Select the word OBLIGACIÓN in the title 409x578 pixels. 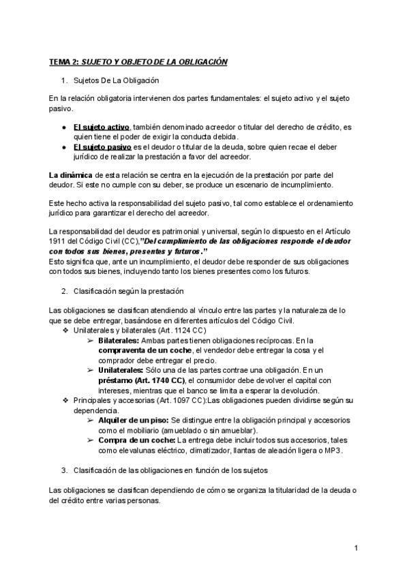tap(202, 62)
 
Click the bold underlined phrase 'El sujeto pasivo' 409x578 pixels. tap(102, 147)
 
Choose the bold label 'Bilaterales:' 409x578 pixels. tap(119, 340)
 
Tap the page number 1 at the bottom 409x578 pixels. tap(357, 547)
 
